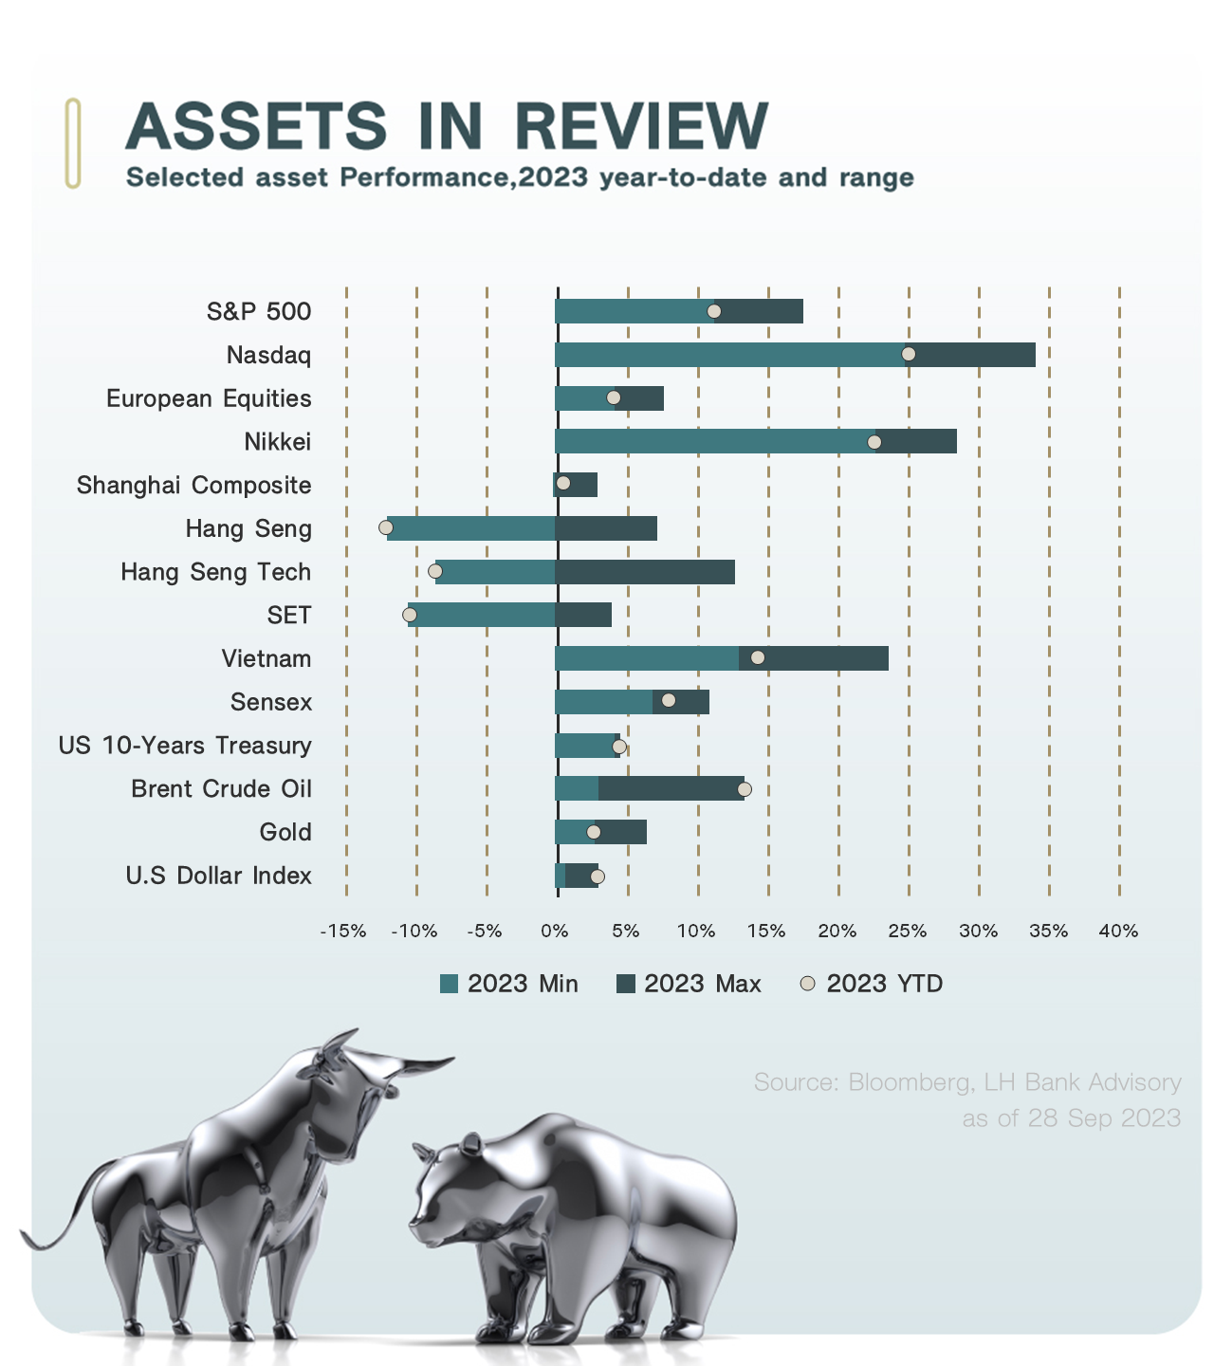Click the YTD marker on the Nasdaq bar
point(908,354)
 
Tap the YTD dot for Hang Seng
point(385,527)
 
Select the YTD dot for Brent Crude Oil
point(745,789)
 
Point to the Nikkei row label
point(277,442)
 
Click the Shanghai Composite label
point(193,486)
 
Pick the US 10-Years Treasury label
point(185,746)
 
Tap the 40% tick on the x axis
point(1118,932)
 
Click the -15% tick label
point(343,932)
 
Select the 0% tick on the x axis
point(555,932)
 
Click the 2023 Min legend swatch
point(450,984)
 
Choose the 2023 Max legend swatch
point(626,984)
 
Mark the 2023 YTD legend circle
point(808,984)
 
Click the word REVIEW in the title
point(641,126)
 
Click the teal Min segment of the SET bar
point(482,615)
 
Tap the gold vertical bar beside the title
point(73,142)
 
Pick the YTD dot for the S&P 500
point(714,311)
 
